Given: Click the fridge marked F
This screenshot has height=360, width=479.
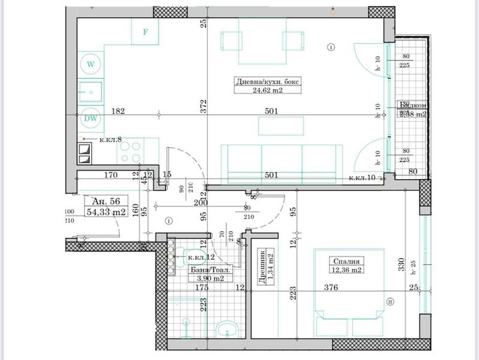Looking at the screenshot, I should (x=145, y=32).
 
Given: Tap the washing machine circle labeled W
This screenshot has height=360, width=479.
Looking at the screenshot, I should (x=91, y=63).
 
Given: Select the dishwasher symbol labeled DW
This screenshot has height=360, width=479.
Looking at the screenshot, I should (x=91, y=118).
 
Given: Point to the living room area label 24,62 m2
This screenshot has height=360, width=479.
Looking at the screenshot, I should (x=266, y=91).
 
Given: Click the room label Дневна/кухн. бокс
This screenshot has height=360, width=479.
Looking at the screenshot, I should (x=266, y=82).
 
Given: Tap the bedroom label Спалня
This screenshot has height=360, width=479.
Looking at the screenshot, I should (x=347, y=261).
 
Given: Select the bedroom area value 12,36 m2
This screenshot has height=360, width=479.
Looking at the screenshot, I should (x=347, y=270).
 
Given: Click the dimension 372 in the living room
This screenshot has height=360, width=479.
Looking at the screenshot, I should (x=204, y=106).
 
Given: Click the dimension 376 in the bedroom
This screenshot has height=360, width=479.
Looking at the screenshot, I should (x=331, y=288).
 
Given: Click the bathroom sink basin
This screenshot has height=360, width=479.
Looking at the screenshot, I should (x=226, y=328).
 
